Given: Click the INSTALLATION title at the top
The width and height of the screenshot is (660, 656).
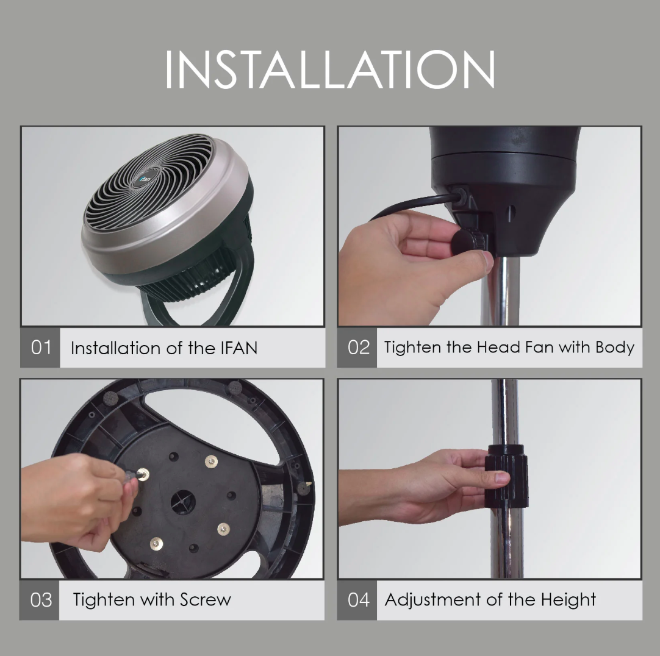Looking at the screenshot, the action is click(x=330, y=70).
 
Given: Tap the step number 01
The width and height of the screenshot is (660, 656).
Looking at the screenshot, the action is click(x=41, y=347).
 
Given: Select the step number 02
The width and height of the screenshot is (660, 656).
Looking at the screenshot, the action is click(x=358, y=347).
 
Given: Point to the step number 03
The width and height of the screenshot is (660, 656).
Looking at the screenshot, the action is click(x=41, y=600).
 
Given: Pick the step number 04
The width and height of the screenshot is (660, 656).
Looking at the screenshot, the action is click(x=358, y=600).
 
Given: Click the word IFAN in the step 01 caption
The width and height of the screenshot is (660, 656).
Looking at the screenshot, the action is click(x=239, y=348).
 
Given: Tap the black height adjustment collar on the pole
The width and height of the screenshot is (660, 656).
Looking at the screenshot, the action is click(x=507, y=475).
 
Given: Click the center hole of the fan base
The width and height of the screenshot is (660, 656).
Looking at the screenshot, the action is click(x=183, y=502).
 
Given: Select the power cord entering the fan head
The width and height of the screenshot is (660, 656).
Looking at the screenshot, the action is click(x=417, y=205).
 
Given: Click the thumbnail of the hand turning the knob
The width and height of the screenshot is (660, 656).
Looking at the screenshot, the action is click(x=490, y=226).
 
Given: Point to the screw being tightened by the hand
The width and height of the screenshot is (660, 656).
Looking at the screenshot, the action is click(x=145, y=474).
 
